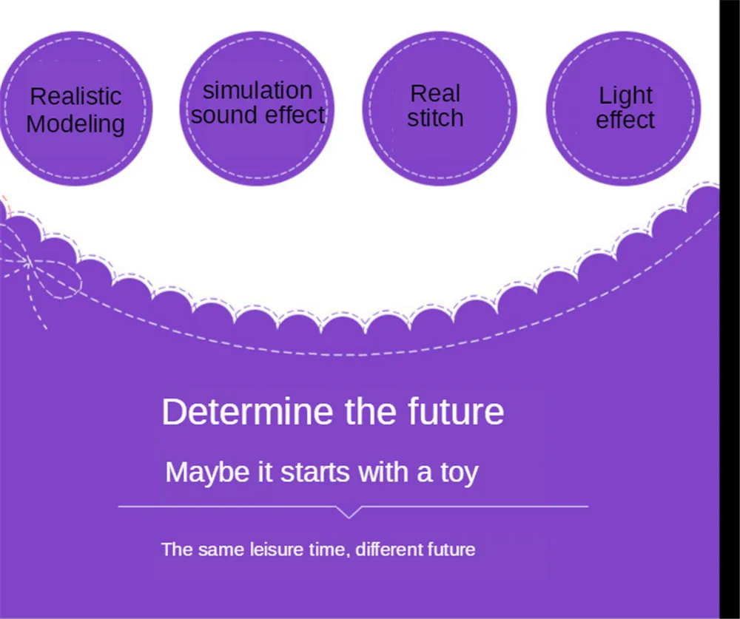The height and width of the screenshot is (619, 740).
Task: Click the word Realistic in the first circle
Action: (x=75, y=96)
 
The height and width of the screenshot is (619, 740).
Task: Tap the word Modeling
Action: (x=75, y=124)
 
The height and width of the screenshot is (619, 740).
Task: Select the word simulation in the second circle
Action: (x=258, y=90)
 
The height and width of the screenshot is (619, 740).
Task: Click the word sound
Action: (x=222, y=115)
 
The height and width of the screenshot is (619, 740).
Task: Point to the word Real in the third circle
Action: (x=435, y=93)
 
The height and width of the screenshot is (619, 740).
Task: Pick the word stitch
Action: (x=435, y=118)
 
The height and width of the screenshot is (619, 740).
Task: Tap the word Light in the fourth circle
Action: (x=625, y=96)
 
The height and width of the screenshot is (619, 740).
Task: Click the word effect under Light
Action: (x=625, y=120)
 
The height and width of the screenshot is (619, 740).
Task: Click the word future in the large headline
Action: (x=456, y=412)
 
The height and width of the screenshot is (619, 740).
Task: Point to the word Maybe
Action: (x=207, y=473)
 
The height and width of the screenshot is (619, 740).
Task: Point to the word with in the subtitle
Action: (x=383, y=473)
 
